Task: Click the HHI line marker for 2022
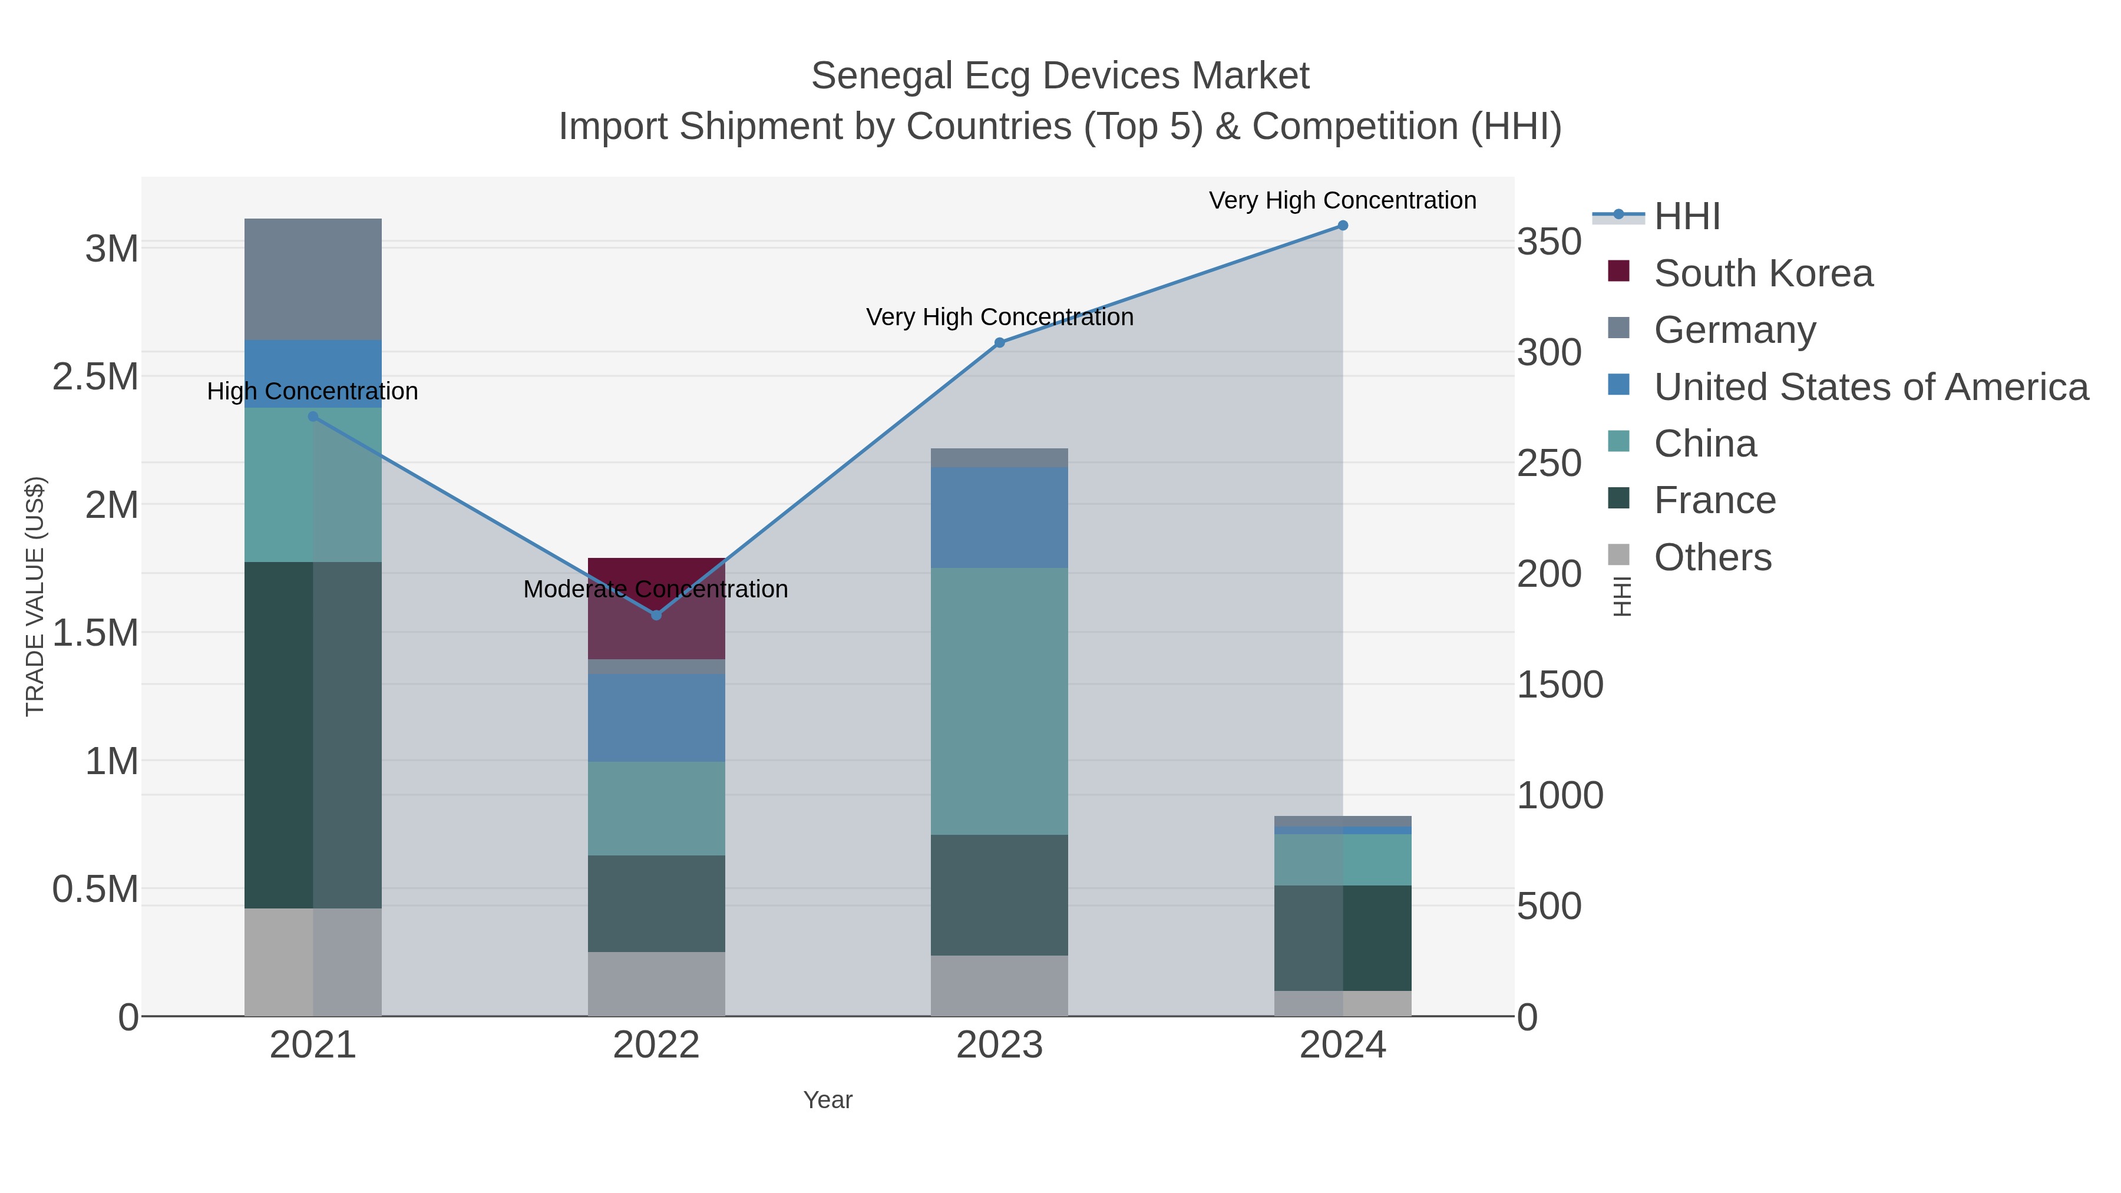tap(656, 615)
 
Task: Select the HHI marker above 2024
tap(1342, 226)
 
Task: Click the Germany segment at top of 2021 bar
tap(313, 279)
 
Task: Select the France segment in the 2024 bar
tap(1342, 938)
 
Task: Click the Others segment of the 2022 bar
tap(656, 983)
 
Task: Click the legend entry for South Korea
tap(1762, 273)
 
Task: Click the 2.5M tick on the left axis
tap(95, 377)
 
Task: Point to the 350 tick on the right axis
tap(1549, 243)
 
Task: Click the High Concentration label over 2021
tap(312, 391)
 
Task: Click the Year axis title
tap(828, 1100)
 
